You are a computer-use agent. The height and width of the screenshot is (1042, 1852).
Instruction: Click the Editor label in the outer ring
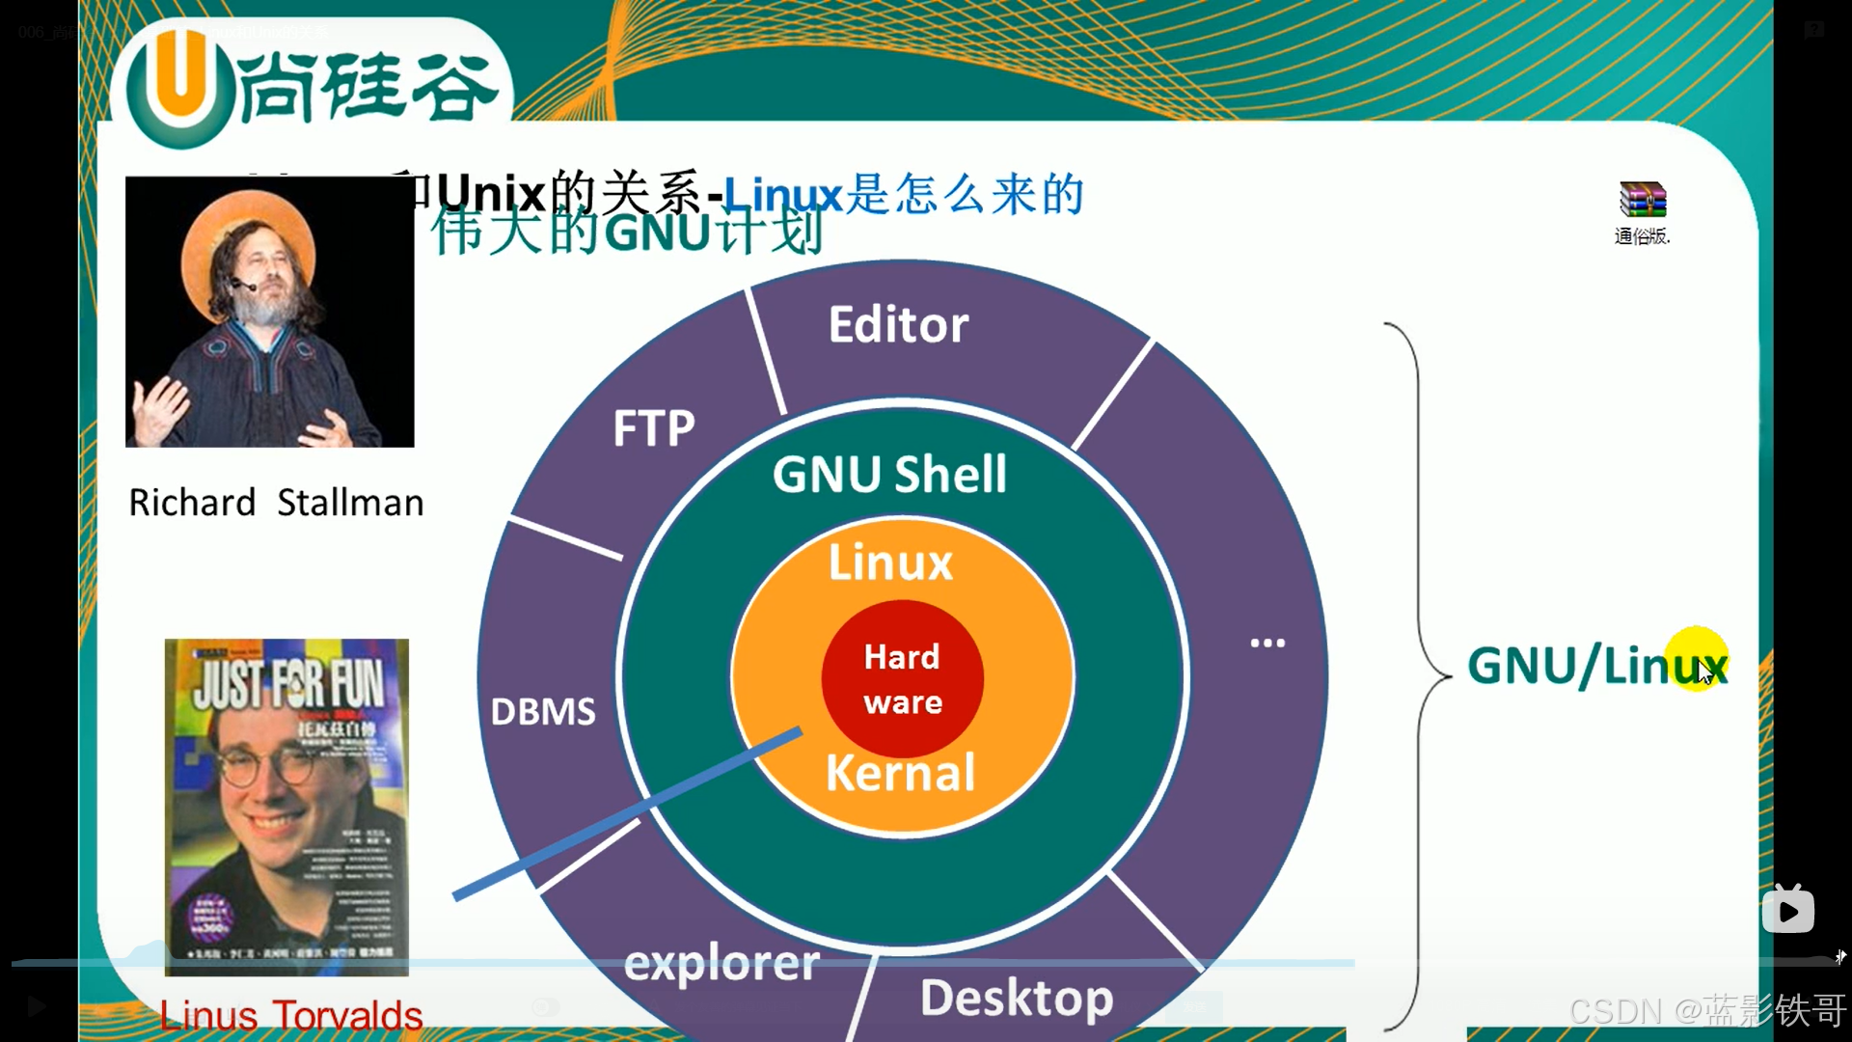click(x=898, y=325)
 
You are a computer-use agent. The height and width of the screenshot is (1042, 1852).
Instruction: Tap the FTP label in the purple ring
click(x=654, y=428)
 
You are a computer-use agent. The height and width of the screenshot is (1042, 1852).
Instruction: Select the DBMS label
click(x=543, y=712)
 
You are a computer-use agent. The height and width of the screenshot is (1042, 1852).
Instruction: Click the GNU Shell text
click(x=889, y=475)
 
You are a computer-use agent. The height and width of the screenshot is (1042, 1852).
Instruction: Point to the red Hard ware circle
click(x=902, y=679)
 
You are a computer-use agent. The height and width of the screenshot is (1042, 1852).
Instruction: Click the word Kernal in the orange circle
click(x=901, y=773)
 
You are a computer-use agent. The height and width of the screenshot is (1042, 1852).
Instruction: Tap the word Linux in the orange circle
click(x=890, y=562)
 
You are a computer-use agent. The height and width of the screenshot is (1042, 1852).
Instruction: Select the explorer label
click(x=722, y=964)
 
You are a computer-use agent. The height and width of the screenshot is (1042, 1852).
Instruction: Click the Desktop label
click(x=1017, y=999)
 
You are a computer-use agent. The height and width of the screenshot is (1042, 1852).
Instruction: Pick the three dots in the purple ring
click(x=1267, y=643)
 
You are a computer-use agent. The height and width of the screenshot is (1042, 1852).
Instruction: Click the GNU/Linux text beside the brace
click(x=1596, y=666)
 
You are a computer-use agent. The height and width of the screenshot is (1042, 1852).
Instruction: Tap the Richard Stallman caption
click(x=276, y=503)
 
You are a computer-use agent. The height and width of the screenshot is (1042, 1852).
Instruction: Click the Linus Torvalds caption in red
click(x=290, y=1015)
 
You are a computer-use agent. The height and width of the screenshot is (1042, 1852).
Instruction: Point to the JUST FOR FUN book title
click(x=288, y=683)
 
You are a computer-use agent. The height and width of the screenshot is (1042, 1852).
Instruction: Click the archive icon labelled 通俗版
click(x=1643, y=201)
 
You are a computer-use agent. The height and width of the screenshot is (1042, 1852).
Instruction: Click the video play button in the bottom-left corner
click(x=37, y=1007)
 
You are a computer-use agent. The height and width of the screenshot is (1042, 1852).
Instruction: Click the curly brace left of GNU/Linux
click(x=1418, y=675)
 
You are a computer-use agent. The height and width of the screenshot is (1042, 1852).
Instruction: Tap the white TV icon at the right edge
click(x=1787, y=910)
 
